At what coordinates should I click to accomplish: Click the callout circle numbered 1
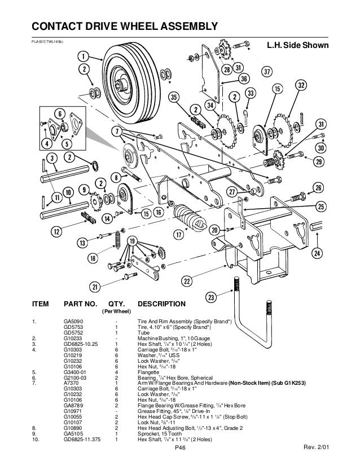click(82, 56)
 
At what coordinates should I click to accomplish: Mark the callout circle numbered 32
click(301, 85)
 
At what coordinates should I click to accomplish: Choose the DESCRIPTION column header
click(161, 304)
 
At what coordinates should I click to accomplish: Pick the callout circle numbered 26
click(318, 187)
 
